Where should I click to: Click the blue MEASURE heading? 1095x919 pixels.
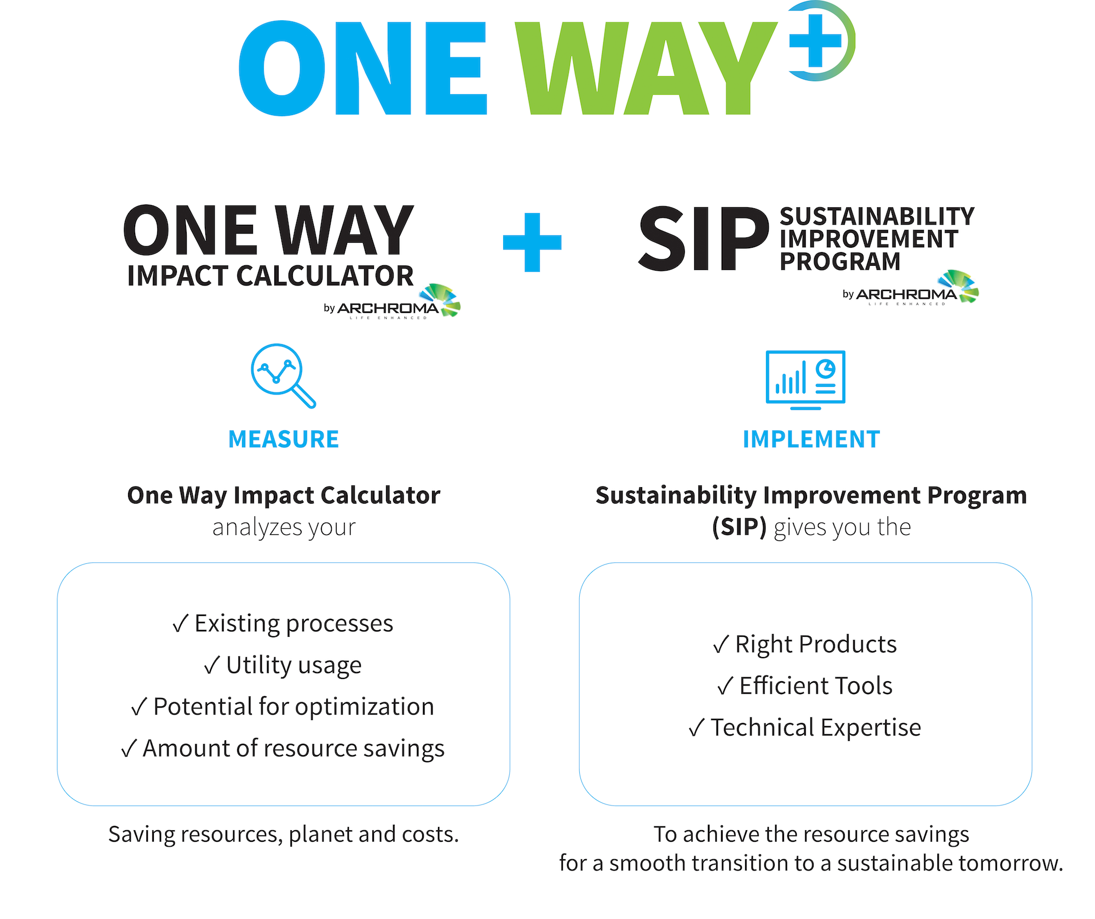point(284,439)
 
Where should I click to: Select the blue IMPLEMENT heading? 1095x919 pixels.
point(811,439)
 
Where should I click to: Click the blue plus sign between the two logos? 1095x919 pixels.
point(532,242)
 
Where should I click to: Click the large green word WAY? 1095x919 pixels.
point(646,69)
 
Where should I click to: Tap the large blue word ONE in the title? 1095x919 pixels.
point(362,69)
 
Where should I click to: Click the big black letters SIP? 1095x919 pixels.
point(704,239)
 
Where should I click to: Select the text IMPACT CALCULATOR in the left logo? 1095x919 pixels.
point(270,276)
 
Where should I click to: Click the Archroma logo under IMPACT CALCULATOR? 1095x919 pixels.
point(392,302)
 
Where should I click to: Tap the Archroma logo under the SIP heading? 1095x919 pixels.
point(910,289)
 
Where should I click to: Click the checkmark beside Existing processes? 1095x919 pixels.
point(180,624)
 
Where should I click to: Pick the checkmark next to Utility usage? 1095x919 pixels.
point(212,666)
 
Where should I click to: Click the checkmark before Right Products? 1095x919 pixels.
point(721,645)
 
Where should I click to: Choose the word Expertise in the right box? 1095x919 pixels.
point(871,728)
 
